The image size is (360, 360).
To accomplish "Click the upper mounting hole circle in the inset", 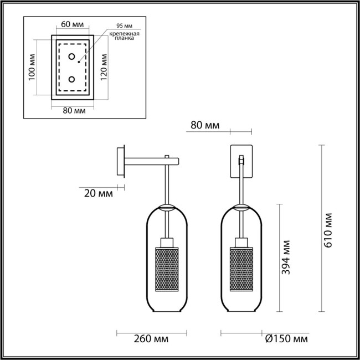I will (x=72, y=56).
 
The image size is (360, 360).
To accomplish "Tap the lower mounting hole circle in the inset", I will (x=72, y=79).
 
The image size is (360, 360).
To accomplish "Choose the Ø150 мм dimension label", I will (x=286, y=338).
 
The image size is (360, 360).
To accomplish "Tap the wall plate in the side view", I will (x=121, y=162).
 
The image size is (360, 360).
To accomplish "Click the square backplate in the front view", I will (x=241, y=161).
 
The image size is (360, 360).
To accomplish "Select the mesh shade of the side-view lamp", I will (x=166, y=268).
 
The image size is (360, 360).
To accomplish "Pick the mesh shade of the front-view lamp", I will (x=241, y=268).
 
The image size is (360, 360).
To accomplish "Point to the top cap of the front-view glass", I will (x=241, y=208).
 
